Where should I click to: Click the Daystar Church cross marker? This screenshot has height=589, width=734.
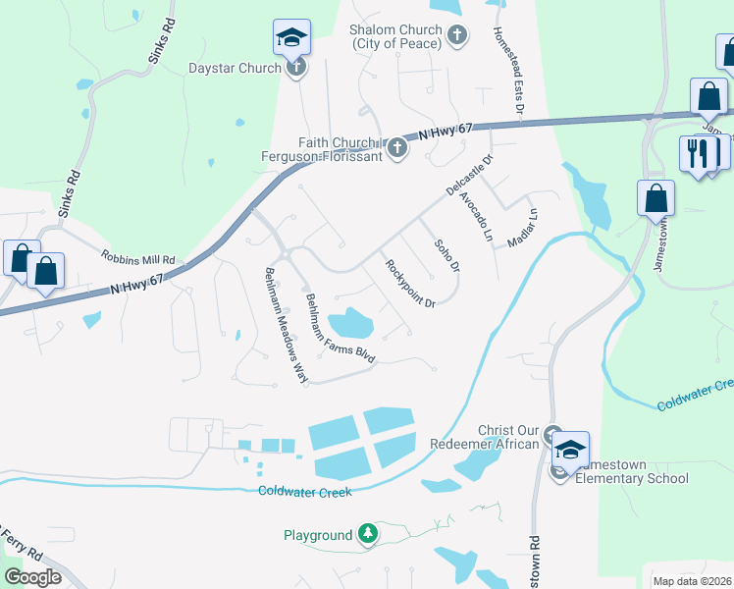click(297, 68)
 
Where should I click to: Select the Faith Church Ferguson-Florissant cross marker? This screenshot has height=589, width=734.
click(397, 148)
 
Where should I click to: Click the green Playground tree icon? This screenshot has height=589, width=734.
click(368, 534)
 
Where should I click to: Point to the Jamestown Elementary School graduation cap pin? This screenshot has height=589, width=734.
click(570, 449)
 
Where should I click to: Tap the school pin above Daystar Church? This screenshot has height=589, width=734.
click(291, 37)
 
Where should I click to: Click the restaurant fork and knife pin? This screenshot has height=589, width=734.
click(697, 154)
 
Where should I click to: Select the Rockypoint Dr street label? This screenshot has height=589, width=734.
click(410, 284)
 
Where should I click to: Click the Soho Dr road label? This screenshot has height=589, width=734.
click(446, 255)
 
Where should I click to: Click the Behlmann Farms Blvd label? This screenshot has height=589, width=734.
click(341, 330)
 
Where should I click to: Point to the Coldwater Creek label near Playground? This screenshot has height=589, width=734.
click(304, 492)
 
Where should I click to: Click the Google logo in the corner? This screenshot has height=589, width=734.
click(32, 577)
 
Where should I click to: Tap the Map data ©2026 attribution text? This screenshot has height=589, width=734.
click(692, 581)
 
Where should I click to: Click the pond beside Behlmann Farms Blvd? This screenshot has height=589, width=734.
click(350, 322)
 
